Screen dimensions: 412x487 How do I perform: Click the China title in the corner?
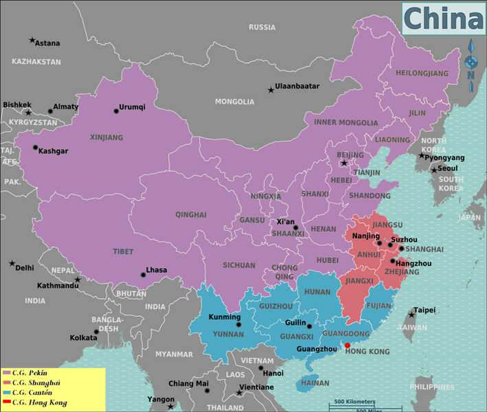pyautogui.click(x=443, y=19)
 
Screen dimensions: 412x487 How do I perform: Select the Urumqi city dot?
pyautogui.click(x=116, y=111)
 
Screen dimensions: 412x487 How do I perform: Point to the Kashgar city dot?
pyautogui.click(x=35, y=148)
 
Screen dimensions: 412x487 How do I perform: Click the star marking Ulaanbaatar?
pyautogui.click(x=271, y=90)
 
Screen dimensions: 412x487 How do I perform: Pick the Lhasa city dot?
pyautogui.click(x=142, y=275)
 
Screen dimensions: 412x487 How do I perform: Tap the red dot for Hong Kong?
pyautogui.click(x=347, y=345)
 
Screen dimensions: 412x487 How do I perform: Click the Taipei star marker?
pyautogui.click(x=411, y=314)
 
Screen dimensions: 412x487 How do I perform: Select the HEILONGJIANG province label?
pyautogui.click(x=422, y=73)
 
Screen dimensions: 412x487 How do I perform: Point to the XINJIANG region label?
pyautogui.click(x=106, y=137)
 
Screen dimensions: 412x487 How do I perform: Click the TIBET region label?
pyautogui.click(x=123, y=252)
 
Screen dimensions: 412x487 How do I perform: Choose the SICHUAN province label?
pyautogui.click(x=238, y=265)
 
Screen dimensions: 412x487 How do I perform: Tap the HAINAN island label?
pyautogui.click(x=315, y=383)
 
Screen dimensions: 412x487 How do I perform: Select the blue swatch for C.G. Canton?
pyautogui.click(x=6, y=392)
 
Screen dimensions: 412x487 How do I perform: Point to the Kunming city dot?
pyautogui.click(x=239, y=325)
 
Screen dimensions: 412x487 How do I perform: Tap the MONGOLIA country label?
pyautogui.click(x=234, y=102)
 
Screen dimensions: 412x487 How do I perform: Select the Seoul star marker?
pyautogui.click(x=434, y=169)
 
